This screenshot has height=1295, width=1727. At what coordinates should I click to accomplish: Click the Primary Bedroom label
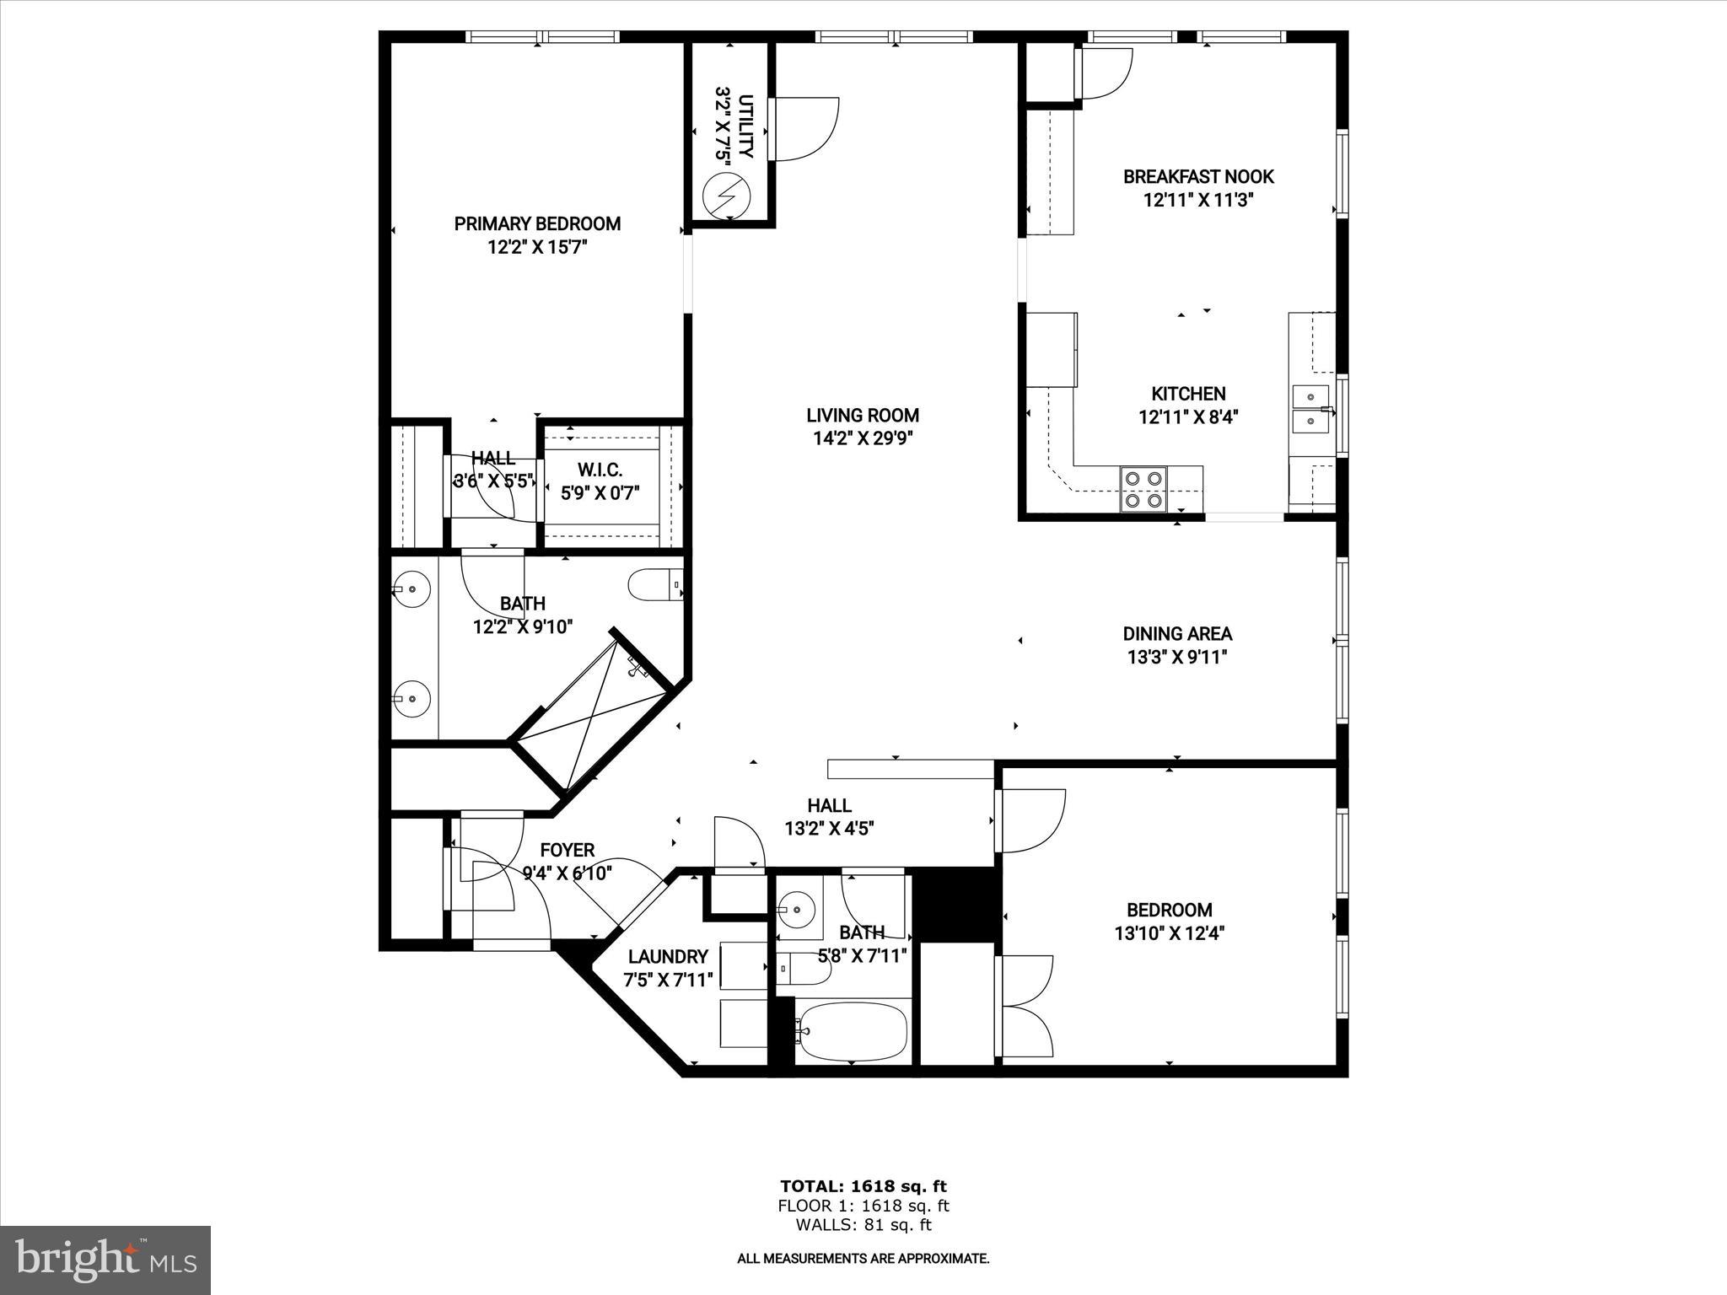[x=537, y=223]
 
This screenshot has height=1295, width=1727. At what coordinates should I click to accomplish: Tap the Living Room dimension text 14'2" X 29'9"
[x=862, y=438]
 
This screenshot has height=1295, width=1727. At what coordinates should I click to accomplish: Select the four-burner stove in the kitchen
[x=1143, y=489]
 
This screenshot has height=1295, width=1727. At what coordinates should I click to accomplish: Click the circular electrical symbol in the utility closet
[x=727, y=196]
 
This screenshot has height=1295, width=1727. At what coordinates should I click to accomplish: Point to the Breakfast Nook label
[x=1198, y=177]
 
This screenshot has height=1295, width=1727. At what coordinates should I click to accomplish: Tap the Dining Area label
[x=1177, y=634]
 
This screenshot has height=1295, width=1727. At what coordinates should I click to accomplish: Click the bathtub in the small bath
[x=853, y=1031]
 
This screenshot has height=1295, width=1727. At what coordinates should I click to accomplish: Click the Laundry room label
[x=668, y=957]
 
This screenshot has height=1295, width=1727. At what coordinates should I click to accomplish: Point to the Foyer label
[x=568, y=851]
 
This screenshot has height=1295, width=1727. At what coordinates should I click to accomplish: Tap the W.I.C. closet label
[x=600, y=470]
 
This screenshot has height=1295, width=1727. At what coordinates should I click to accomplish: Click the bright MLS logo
[x=105, y=1260]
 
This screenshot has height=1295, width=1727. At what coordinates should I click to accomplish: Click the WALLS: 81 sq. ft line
[x=863, y=1225]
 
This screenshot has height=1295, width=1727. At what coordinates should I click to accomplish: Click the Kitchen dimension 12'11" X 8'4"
[x=1188, y=417]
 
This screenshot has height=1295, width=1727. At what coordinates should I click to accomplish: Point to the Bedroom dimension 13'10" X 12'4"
[x=1170, y=933]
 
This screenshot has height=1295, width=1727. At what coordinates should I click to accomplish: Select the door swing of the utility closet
[x=804, y=129]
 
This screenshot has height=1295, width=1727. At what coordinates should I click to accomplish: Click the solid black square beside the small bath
[x=956, y=905]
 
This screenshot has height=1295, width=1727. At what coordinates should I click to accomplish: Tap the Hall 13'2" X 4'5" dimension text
[x=829, y=829]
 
